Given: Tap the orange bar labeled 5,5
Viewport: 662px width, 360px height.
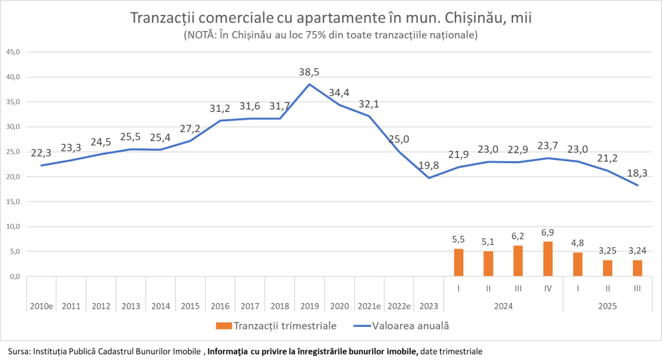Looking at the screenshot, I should click(458, 263).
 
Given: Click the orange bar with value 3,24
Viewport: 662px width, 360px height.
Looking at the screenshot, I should click(637, 268).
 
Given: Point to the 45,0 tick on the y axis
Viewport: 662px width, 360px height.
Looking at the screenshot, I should click(14, 52).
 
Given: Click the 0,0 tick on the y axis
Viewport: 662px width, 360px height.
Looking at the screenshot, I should click(14, 276).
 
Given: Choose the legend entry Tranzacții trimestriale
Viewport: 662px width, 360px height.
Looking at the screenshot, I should click(285, 326).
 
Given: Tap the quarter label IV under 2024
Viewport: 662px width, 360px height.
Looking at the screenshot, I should click(548, 288).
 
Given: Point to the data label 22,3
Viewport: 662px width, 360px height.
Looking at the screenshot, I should click(41, 153).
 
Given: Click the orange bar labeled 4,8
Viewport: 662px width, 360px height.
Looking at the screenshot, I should click(578, 264).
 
